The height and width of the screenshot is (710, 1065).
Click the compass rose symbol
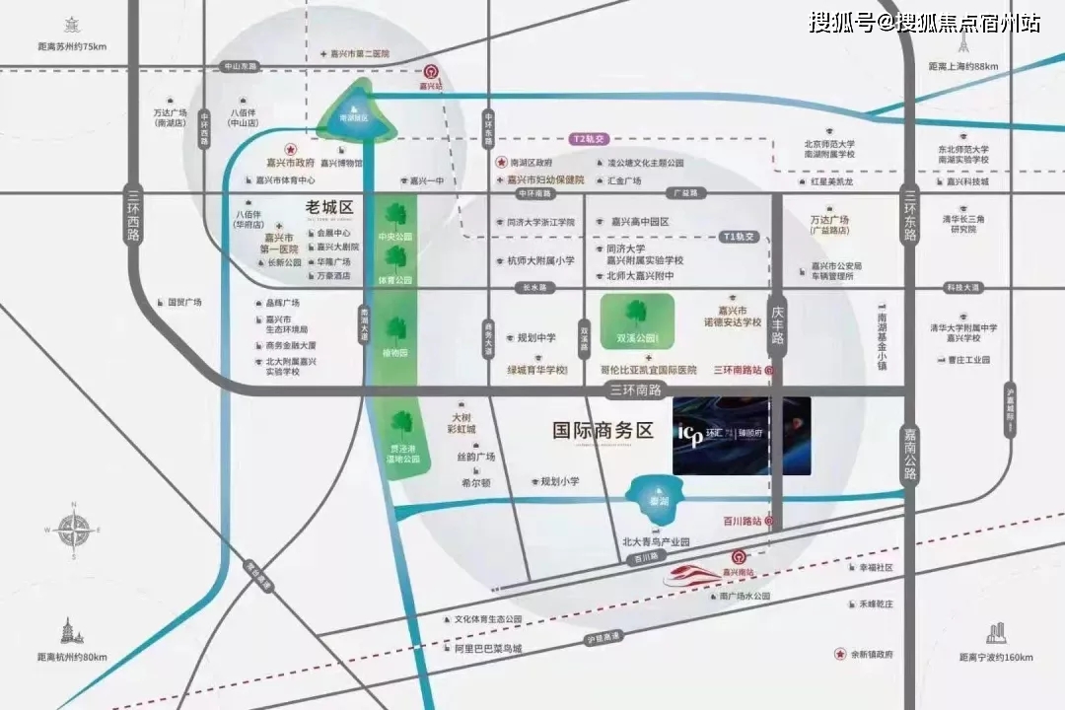click(x=73, y=531)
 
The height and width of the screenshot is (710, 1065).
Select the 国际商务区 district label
click(x=603, y=430)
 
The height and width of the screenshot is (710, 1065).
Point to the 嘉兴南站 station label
click(x=737, y=572)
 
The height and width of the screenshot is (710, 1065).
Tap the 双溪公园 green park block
click(x=635, y=321)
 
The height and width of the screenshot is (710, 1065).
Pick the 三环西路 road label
click(x=134, y=216)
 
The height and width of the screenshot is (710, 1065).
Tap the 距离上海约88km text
click(x=963, y=66)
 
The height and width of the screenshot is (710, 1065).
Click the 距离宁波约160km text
click(x=996, y=657)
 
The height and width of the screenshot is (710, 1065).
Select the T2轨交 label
click(x=593, y=140)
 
